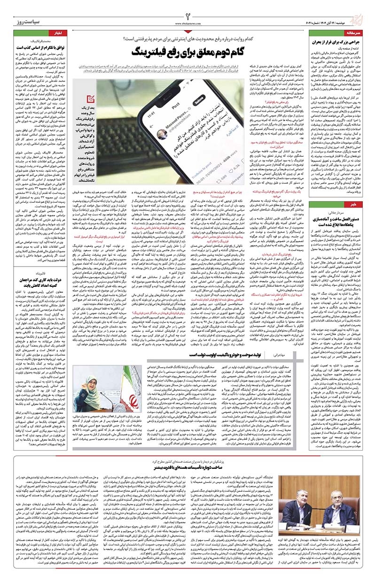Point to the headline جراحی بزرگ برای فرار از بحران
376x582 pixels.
tap(331, 42)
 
